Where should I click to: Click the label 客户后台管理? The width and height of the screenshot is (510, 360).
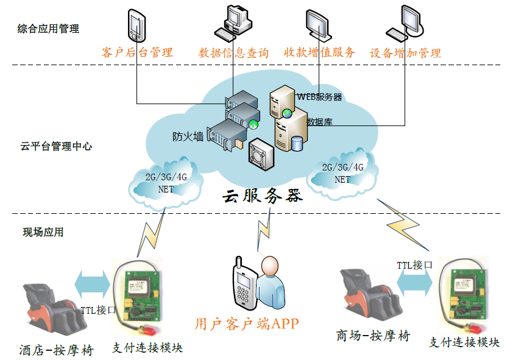click(137, 52)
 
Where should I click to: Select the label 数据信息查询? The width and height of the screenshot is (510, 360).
click(233, 53)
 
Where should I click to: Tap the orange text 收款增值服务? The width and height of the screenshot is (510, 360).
click(319, 52)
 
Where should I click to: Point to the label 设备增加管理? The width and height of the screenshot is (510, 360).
click(405, 53)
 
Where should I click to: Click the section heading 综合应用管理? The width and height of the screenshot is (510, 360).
click(48, 29)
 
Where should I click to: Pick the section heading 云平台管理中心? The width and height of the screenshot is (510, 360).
click(56, 146)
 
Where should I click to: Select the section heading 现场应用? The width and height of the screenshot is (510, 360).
click(43, 231)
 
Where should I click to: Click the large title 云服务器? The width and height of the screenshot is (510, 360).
click(262, 196)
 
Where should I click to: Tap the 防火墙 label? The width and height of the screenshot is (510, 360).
click(188, 136)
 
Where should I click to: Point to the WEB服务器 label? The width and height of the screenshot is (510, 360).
click(319, 96)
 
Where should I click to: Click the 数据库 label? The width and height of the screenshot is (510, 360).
click(319, 121)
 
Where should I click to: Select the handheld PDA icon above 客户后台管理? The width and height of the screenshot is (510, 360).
click(135, 25)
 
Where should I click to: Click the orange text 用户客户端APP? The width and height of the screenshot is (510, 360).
click(247, 323)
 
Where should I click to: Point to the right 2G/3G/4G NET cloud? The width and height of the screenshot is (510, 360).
click(342, 173)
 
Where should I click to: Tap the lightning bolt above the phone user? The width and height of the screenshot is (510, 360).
click(264, 231)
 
